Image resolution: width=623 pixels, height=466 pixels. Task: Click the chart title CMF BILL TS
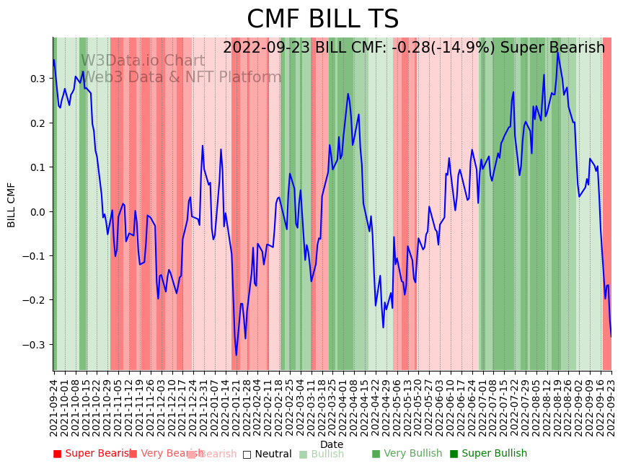[x=322, y=19]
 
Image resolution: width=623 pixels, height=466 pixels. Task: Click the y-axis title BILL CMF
[x=12, y=204]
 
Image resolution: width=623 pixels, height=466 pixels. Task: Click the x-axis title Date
[x=332, y=444]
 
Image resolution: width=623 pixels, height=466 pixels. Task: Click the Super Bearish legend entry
[x=92, y=454]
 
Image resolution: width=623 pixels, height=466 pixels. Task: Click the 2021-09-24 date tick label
[x=53, y=408]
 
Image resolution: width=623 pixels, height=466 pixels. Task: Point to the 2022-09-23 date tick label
[x=611, y=408]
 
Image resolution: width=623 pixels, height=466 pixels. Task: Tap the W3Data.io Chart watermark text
[x=143, y=61]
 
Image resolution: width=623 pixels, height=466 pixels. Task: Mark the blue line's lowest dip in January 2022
[x=236, y=355]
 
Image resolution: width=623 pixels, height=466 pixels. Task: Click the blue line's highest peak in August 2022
[x=557, y=52]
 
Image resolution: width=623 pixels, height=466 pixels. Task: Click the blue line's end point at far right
[x=611, y=336]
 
